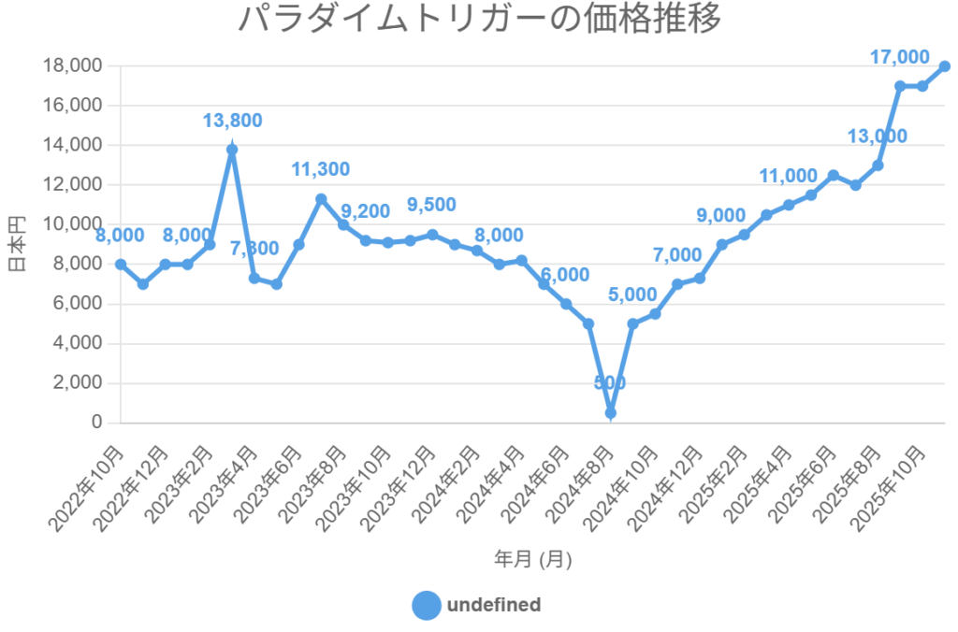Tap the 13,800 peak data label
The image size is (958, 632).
(232, 120)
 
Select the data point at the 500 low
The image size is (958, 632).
(610, 412)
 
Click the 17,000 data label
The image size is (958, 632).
(899, 57)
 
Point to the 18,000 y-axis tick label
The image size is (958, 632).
(72, 65)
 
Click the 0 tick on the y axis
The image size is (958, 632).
(96, 423)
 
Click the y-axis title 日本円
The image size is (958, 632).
(17, 244)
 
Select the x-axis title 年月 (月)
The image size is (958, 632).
(532, 559)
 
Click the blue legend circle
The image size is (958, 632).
(426, 606)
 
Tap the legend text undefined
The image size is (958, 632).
(494, 605)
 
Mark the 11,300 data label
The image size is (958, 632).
(321, 169)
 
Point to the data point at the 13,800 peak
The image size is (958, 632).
(232, 150)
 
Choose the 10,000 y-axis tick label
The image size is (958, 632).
(72, 224)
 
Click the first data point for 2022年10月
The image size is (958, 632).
(121, 264)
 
